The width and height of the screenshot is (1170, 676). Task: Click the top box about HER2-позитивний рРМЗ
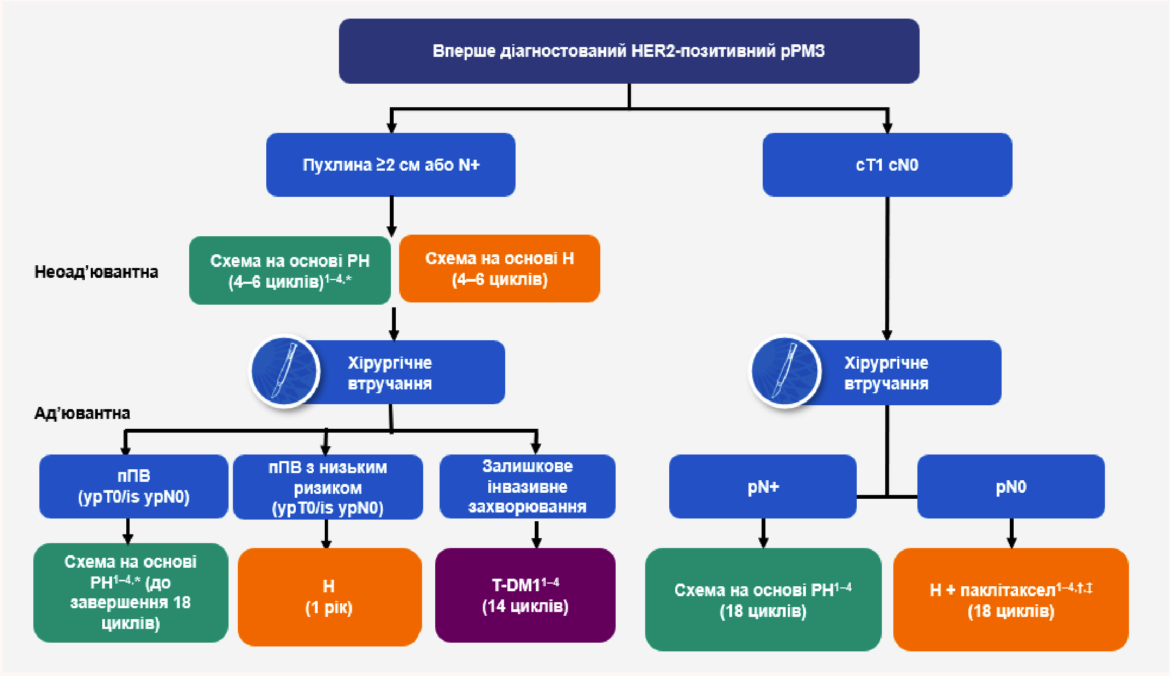pyautogui.click(x=629, y=51)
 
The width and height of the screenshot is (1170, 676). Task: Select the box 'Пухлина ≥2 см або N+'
pyautogui.click(x=390, y=165)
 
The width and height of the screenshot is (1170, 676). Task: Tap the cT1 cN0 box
pyautogui.click(x=887, y=165)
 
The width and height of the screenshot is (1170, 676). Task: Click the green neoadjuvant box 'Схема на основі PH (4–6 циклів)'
pyautogui.click(x=290, y=270)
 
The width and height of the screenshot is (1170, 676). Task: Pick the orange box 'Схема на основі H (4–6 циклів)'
pyautogui.click(x=500, y=269)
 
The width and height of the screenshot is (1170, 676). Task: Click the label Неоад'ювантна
pyautogui.click(x=96, y=272)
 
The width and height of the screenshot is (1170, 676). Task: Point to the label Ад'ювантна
pyautogui.click(x=82, y=413)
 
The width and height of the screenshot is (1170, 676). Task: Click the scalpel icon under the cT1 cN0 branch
pyautogui.click(x=785, y=371)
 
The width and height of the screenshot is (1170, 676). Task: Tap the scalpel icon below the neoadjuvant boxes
pyautogui.click(x=284, y=371)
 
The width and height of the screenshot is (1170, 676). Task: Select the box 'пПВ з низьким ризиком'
pyautogui.click(x=327, y=487)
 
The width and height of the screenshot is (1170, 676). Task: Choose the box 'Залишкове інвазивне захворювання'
pyautogui.click(x=527, y=486)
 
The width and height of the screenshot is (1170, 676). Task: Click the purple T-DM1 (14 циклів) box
pyautogui.click(x=525, y=595)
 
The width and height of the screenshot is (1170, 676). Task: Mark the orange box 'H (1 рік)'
pyautogui.click(x=329, y=597)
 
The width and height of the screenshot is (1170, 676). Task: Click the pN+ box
pyautogui.click(x=763, y=486)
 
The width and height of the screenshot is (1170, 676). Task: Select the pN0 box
pyautogui.click(x=1011, y=486)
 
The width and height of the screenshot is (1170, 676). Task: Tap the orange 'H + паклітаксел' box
pyautogui.click(x=1011, y=599)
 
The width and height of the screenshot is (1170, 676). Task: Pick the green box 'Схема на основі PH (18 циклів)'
pyautogui.click(x=763, y=599)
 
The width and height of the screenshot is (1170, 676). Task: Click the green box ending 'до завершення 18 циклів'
pyautogui.click(x=131, y=592)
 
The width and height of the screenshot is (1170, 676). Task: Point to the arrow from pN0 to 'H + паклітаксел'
pyautogui.click(x=1011, y=533)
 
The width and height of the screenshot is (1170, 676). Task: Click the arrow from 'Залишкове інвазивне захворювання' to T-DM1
pyautogui.click(x=536, y=534)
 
